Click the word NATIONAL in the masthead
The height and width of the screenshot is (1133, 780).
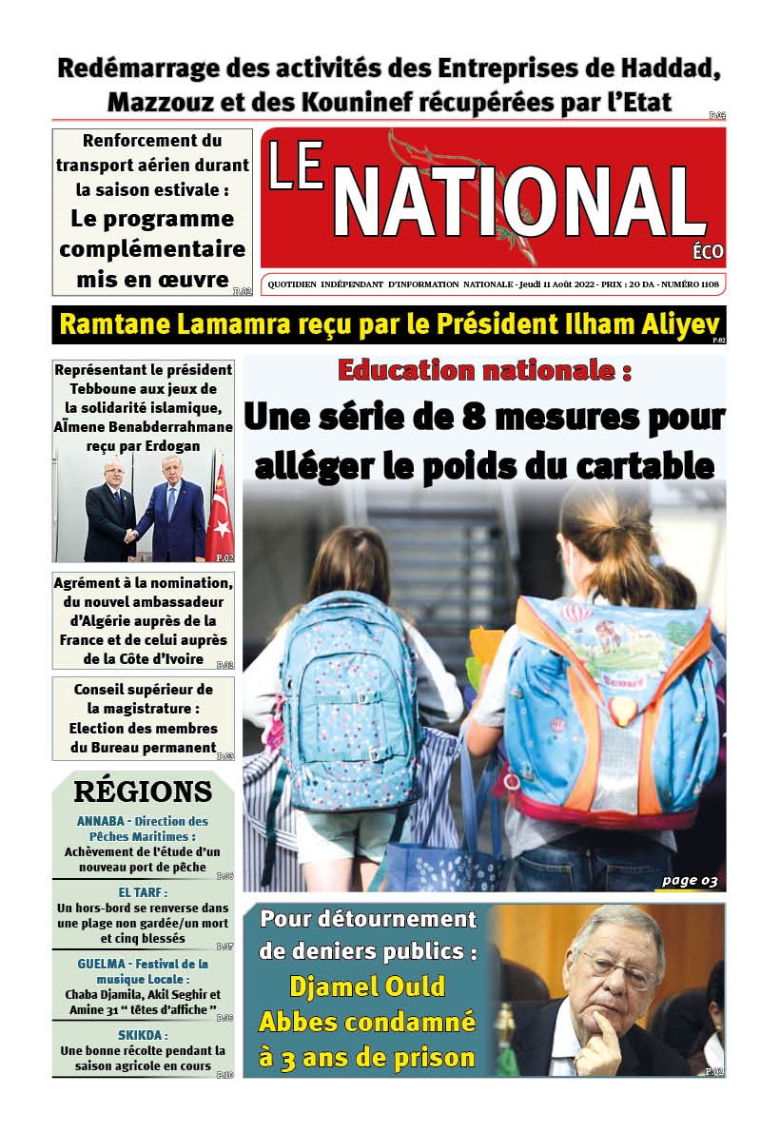[x=519, y=203]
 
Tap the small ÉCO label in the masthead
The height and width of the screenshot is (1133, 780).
[x=709, y=252]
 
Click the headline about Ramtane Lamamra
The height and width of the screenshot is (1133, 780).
[x=389, y=324]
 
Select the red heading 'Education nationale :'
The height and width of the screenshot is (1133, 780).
[x=484, y=370]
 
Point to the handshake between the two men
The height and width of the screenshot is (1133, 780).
[x=131, y=535]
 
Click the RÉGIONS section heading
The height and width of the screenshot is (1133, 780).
[x=143, y=791]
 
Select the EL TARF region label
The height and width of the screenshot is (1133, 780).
[x=143, y=892]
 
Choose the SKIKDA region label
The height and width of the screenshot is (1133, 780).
[x=143, y=1035]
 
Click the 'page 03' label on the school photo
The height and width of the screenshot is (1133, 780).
[x=690, y=880]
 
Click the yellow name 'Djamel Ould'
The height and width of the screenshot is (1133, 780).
[x=366, y=986]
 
